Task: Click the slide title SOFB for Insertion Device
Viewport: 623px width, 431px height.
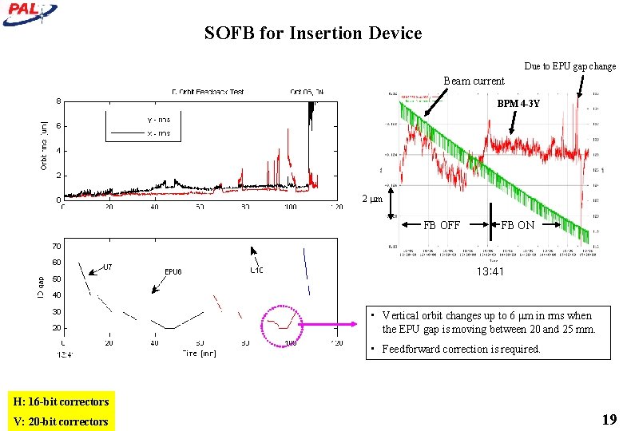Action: [x=312, y=34]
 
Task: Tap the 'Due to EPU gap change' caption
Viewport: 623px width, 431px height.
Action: [x=569, y=66]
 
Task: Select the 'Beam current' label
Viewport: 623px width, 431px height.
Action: [x=474, y=81]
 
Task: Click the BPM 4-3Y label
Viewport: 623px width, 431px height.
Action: [x=518, y=104]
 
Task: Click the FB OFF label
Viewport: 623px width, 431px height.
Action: [x=442, y=225]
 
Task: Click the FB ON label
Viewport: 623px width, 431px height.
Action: [x=518, y=225]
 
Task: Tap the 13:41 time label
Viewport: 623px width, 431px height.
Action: [x=490, y=271]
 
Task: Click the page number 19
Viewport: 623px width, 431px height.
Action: [x=609, y=420]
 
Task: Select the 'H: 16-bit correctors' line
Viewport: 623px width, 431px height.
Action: [x=61, y=401]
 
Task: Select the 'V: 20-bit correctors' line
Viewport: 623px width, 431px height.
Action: [x=61, y=421]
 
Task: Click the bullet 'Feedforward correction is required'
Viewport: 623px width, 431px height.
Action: [x=461, y=349]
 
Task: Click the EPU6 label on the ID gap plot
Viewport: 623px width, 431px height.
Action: [x=173, y=271]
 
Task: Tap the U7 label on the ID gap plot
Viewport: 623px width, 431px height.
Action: [x=107, y=267]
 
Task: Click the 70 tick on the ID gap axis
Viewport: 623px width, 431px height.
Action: [x=57, y=245]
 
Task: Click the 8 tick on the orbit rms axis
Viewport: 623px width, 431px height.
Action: [x=58, y=101]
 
